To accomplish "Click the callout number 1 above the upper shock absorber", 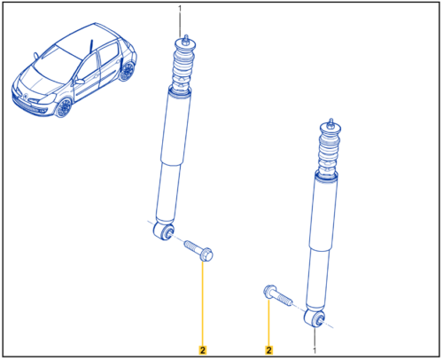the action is point(180,9).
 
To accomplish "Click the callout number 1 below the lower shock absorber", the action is point(315,350).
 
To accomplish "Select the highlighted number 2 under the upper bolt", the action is point(203,350).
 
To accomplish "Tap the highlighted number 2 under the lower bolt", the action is point(268,350).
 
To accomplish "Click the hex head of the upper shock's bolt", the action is point(206,254).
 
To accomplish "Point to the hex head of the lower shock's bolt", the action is point(269,292).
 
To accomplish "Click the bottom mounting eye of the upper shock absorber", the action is point(164,231).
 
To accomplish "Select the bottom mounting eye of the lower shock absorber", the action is point(315,318).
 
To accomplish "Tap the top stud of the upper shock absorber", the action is point(185,40).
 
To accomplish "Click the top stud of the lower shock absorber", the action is point(330,123).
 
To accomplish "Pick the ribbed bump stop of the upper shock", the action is point(183,68).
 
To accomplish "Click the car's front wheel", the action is point(64,107).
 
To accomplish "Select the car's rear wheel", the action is point(128,72).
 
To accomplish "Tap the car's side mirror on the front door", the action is point(80,82).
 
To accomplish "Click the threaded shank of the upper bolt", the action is point(192,246).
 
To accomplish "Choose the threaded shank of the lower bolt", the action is point(284,299).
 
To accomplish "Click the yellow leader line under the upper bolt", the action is point(203,303).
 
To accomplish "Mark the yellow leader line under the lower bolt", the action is point(268,322).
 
